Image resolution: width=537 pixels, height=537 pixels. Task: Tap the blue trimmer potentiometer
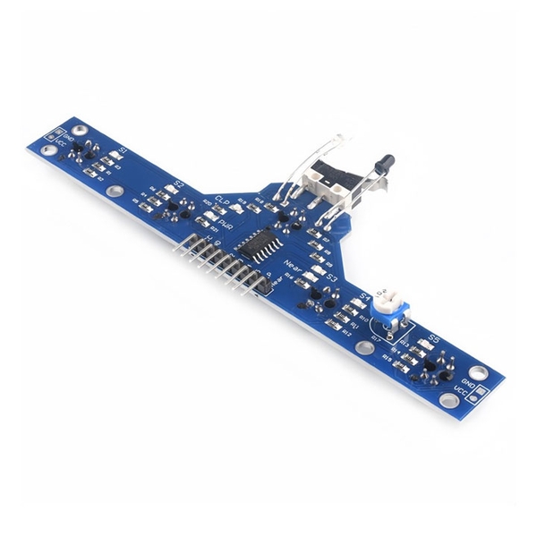click(x=389, y=309)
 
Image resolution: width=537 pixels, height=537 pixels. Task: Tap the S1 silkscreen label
click(x=124, y=149)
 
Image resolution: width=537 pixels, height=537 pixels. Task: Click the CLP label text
click(x=223, y=199)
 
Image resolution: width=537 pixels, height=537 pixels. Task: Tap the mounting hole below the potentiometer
click(x=364, y=348)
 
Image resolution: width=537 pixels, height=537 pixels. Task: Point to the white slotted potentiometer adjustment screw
click(x=388, y=295)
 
